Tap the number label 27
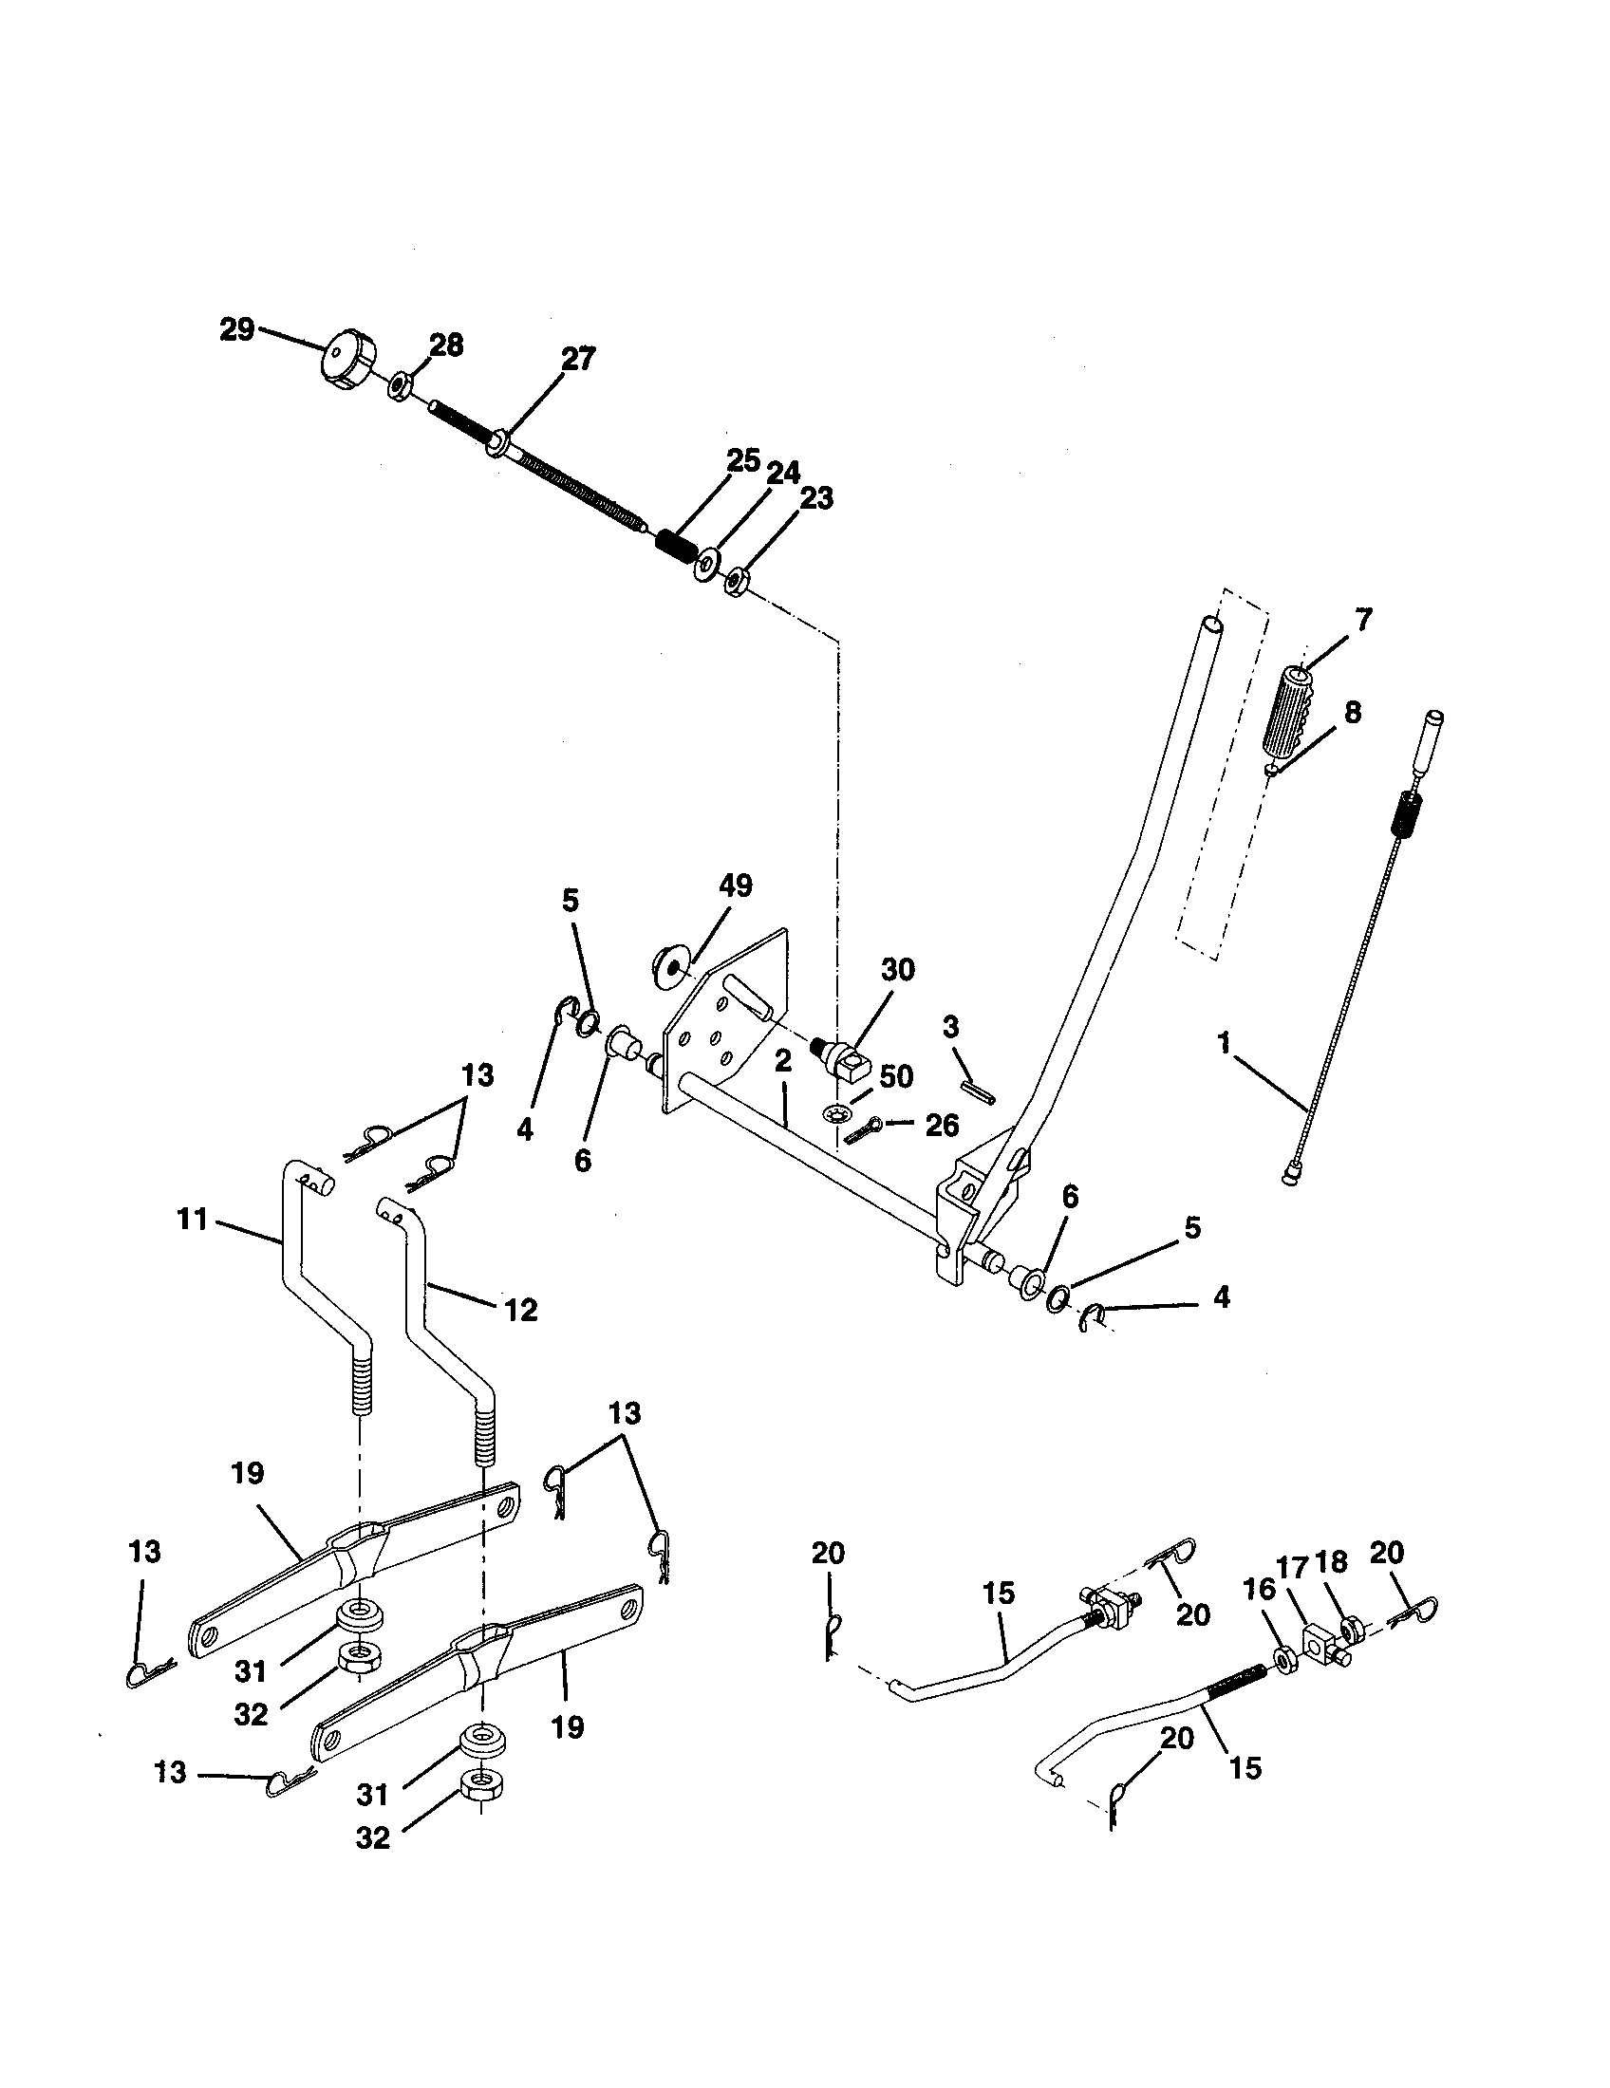point(577,360)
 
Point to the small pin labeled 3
point(979,1091)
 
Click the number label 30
point(897,969)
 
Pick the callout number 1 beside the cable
point(1224,1044)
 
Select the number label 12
point(521,1309)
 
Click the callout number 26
point(942,1126)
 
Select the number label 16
point(1260,1589)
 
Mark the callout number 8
point(1352,713)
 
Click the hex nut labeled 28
point(401,387)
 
